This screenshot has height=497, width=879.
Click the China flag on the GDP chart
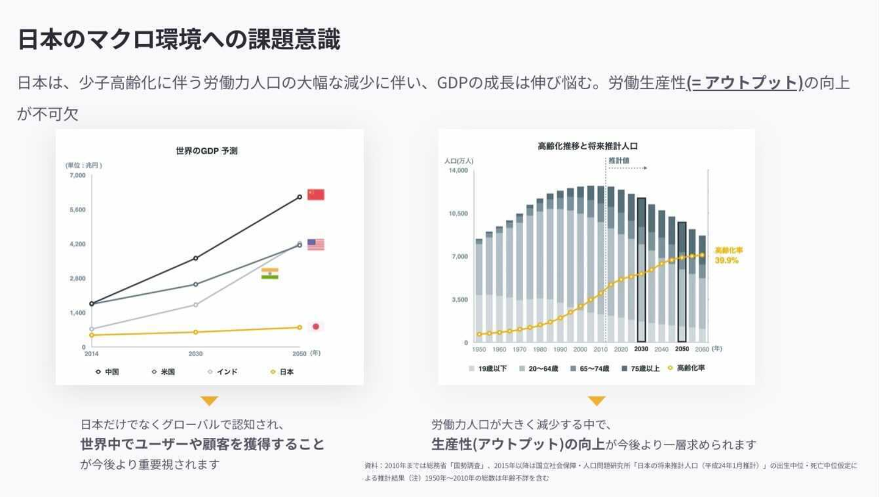(316, 195)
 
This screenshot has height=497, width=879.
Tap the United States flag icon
(316, 245)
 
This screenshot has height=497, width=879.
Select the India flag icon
(270, 274)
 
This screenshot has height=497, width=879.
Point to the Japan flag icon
(316, 326)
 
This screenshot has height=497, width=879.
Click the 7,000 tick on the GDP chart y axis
(78, 176)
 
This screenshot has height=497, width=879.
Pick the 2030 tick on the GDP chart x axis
(195, 353)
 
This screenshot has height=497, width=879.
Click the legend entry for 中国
(107, 371)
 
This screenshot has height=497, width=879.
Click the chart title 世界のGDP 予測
(206, 151)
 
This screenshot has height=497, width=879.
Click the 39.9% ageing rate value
(726, 260)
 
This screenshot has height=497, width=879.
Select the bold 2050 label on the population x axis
(682, 349)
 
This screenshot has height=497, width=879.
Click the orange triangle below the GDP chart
(209, 401)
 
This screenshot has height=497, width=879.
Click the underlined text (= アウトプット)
(745, 83)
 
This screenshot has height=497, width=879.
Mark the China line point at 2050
(299, 197)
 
